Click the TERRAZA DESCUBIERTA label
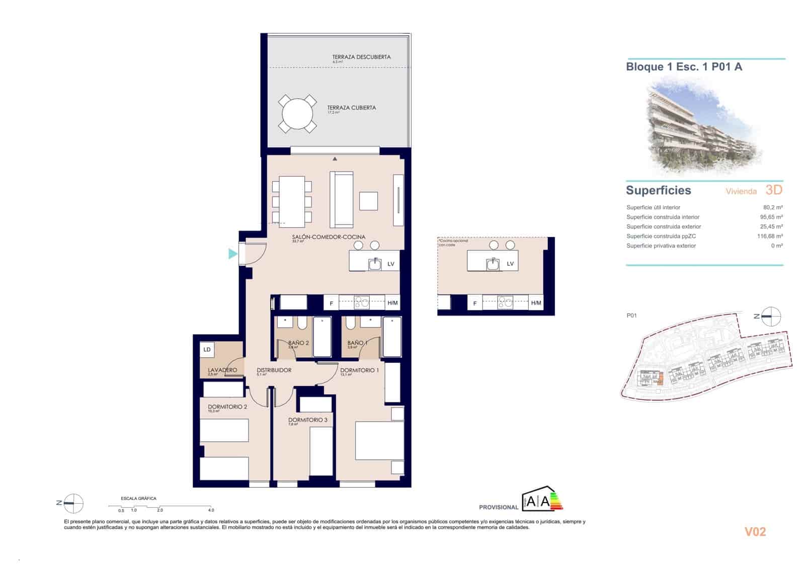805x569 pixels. point(361,57)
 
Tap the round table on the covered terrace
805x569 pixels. point(297,114)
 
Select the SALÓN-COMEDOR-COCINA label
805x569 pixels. point(329,237)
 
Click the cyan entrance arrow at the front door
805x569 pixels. point(232,254)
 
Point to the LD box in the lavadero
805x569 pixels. point(207,350)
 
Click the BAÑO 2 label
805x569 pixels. point(298,343)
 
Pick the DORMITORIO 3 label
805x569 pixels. point(307,420)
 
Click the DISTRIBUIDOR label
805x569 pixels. point(274,370)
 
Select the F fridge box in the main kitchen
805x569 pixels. point(331,303)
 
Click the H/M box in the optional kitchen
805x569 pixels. point(536,303)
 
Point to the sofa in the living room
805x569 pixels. point(342,200)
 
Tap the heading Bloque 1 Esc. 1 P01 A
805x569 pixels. point(684,66)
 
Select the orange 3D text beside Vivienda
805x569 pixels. point(773,190)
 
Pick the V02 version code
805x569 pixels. point(755,532)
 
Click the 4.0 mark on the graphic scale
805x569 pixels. point(211,510)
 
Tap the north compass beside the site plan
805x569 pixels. point(770,316)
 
